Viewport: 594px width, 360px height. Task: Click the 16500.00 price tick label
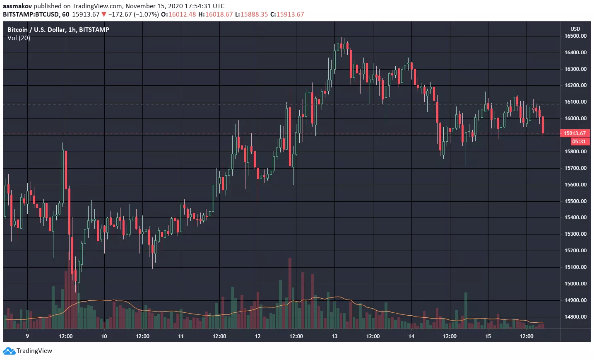575,36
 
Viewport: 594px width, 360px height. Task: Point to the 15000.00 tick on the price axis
575,284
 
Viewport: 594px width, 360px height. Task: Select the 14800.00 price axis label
575,317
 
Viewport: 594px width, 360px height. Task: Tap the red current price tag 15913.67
575,133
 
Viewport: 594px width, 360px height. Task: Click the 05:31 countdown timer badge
579,142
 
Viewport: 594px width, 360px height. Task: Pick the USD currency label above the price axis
575,29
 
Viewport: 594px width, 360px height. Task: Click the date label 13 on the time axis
334,336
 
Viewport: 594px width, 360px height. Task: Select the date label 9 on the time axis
27,336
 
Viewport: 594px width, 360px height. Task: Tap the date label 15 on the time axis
488,336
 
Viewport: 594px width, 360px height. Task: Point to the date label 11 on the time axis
181,336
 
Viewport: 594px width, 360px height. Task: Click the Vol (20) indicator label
19,38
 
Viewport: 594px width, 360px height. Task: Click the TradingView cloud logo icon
9,351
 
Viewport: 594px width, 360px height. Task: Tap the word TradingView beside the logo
34,351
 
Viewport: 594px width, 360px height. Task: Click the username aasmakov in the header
17,6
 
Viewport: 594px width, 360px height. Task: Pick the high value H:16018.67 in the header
215,14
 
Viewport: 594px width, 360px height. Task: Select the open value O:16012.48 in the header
178,14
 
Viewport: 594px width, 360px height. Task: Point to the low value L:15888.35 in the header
251,14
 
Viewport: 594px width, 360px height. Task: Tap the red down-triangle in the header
104,14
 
